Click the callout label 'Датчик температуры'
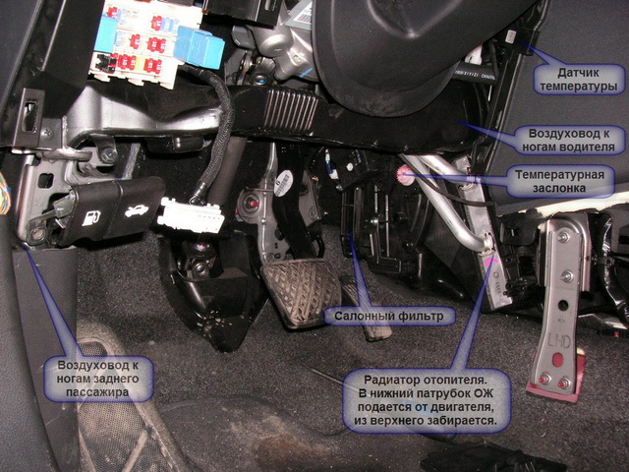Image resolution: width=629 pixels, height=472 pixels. coord(579,80)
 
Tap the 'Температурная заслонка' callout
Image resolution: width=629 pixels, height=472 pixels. coord(559,181)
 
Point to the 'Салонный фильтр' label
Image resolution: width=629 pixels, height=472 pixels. coord(389,317)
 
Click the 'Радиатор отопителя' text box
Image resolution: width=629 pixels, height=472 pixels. coord(427,400)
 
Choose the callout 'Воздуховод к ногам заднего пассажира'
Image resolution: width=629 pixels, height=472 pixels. coord(98,379)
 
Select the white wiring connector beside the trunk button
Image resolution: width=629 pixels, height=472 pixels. coord(191,215)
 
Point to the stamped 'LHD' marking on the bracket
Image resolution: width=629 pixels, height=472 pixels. coord(559,342)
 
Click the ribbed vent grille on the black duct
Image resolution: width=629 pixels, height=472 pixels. coord(290,109)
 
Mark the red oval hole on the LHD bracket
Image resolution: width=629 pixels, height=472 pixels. coord(557,359)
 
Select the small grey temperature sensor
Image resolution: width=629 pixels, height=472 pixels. coord(511,37)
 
